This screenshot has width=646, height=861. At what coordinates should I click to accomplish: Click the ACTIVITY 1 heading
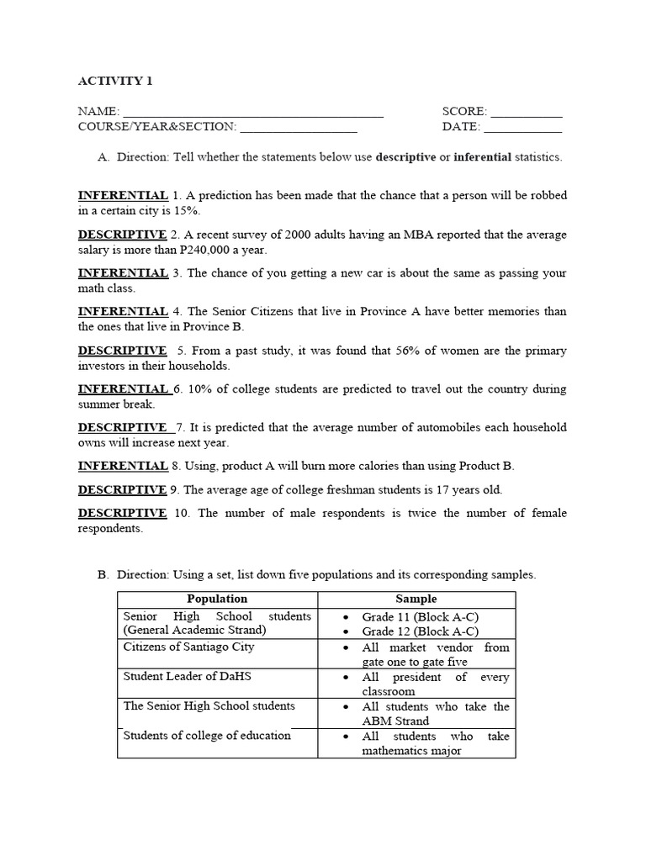tap(115, 82)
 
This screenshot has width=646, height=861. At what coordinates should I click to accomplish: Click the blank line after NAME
tap(252, 114)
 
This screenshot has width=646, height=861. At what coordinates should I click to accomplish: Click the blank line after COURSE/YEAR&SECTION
tap(298, 129)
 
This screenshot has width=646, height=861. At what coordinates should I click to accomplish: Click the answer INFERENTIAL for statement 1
tap(123, 195)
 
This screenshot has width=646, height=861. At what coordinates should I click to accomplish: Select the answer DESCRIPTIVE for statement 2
tap(122, 234)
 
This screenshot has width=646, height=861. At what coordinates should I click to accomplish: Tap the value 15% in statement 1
tap(186, 211)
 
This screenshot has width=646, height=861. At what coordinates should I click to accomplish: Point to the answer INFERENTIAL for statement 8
tap(123, 466)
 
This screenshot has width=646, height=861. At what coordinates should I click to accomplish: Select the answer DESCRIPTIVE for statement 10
tap(122, 513)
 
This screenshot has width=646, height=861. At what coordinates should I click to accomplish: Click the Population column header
tap(217, 600)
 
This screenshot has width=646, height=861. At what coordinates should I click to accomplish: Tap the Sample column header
tap(416, 600)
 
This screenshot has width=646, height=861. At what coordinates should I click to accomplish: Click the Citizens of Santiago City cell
tap(189, 647)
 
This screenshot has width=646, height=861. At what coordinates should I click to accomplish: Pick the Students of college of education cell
tap(207, 736)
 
